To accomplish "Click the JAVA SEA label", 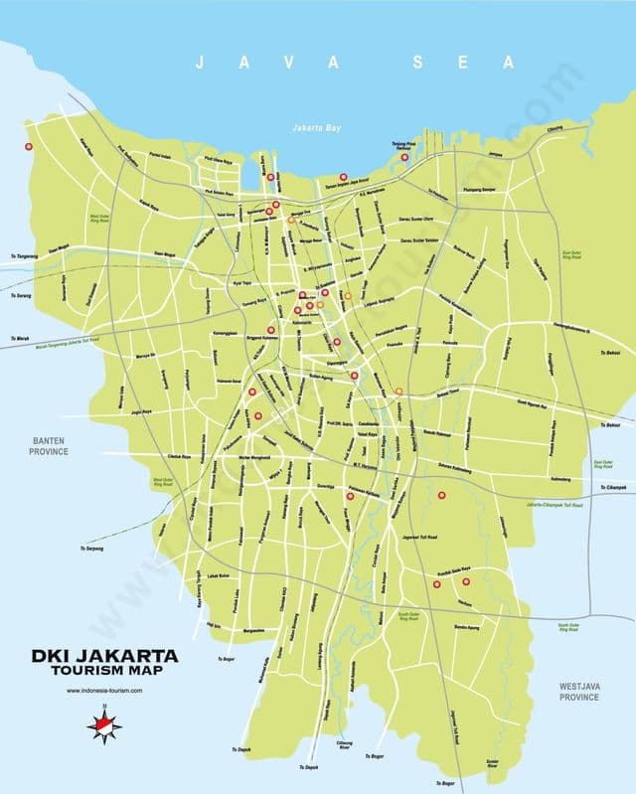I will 355,63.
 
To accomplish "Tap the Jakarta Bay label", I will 316,128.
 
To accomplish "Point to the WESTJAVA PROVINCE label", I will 578,692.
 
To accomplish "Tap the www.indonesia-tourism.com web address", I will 105,691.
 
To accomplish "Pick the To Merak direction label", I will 18,340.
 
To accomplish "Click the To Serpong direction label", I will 91,548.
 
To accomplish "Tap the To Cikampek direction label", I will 616,487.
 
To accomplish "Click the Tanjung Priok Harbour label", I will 400,150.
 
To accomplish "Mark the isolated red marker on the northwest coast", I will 29,147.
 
